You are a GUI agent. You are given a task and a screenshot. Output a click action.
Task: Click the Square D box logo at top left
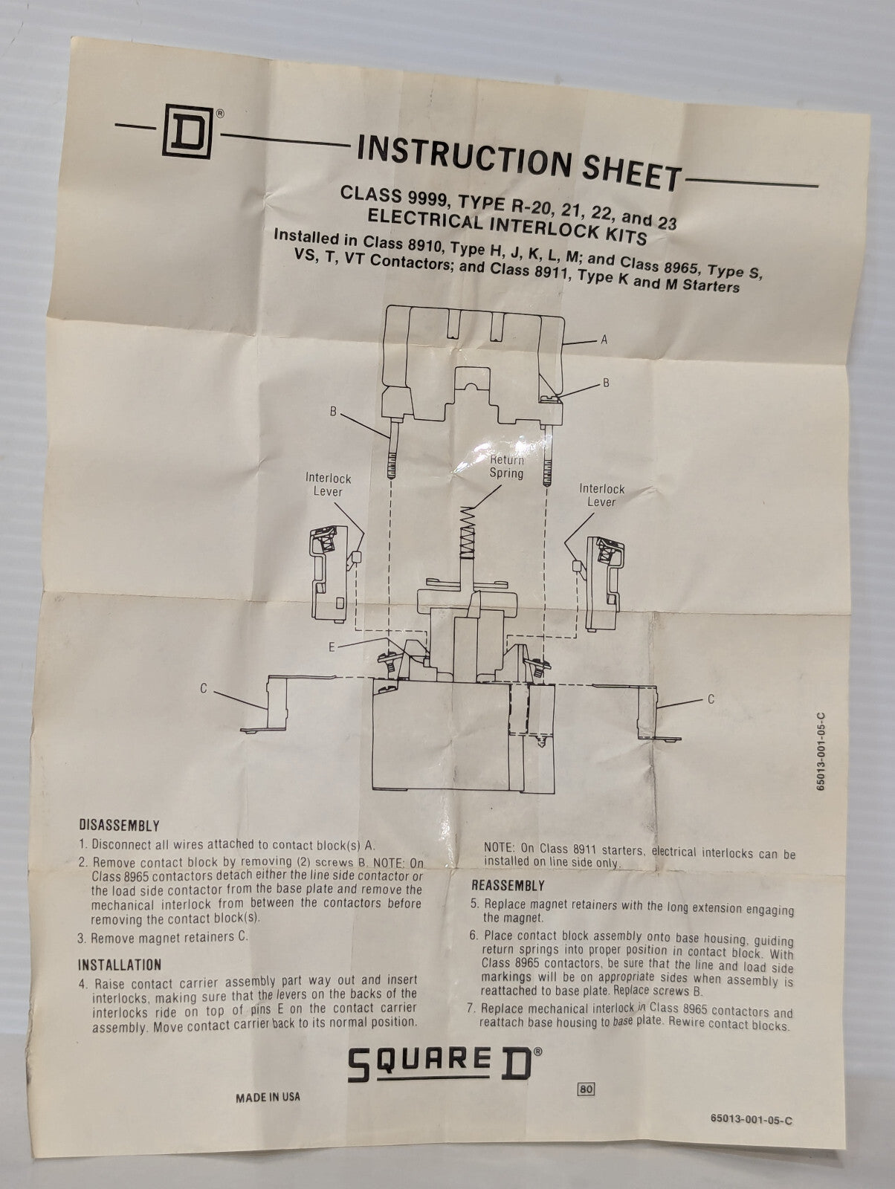[187, 132]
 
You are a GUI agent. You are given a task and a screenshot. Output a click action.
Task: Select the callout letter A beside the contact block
[604, 340]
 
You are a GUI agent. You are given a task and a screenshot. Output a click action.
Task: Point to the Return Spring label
[506, 467]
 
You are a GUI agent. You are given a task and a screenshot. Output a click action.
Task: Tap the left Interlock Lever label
[328, 485]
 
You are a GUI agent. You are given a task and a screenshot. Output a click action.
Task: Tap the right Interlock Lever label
[602, 495]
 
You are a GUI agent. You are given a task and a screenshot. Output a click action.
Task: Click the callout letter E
[332, 647]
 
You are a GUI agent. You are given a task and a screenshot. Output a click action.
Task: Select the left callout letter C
[204, 689]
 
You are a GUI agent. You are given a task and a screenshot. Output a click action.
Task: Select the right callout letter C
[711, 699]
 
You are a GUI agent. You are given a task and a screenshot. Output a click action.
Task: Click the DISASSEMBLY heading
[119, 826]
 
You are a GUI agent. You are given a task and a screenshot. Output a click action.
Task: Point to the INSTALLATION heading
[119, 965]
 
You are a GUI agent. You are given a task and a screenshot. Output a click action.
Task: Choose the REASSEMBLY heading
[508, 885]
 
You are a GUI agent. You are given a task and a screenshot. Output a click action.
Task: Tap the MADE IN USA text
[268, 1098]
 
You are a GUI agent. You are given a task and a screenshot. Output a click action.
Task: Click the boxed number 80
[586, 1089]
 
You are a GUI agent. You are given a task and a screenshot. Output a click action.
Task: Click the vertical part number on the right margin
[821, 751]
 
